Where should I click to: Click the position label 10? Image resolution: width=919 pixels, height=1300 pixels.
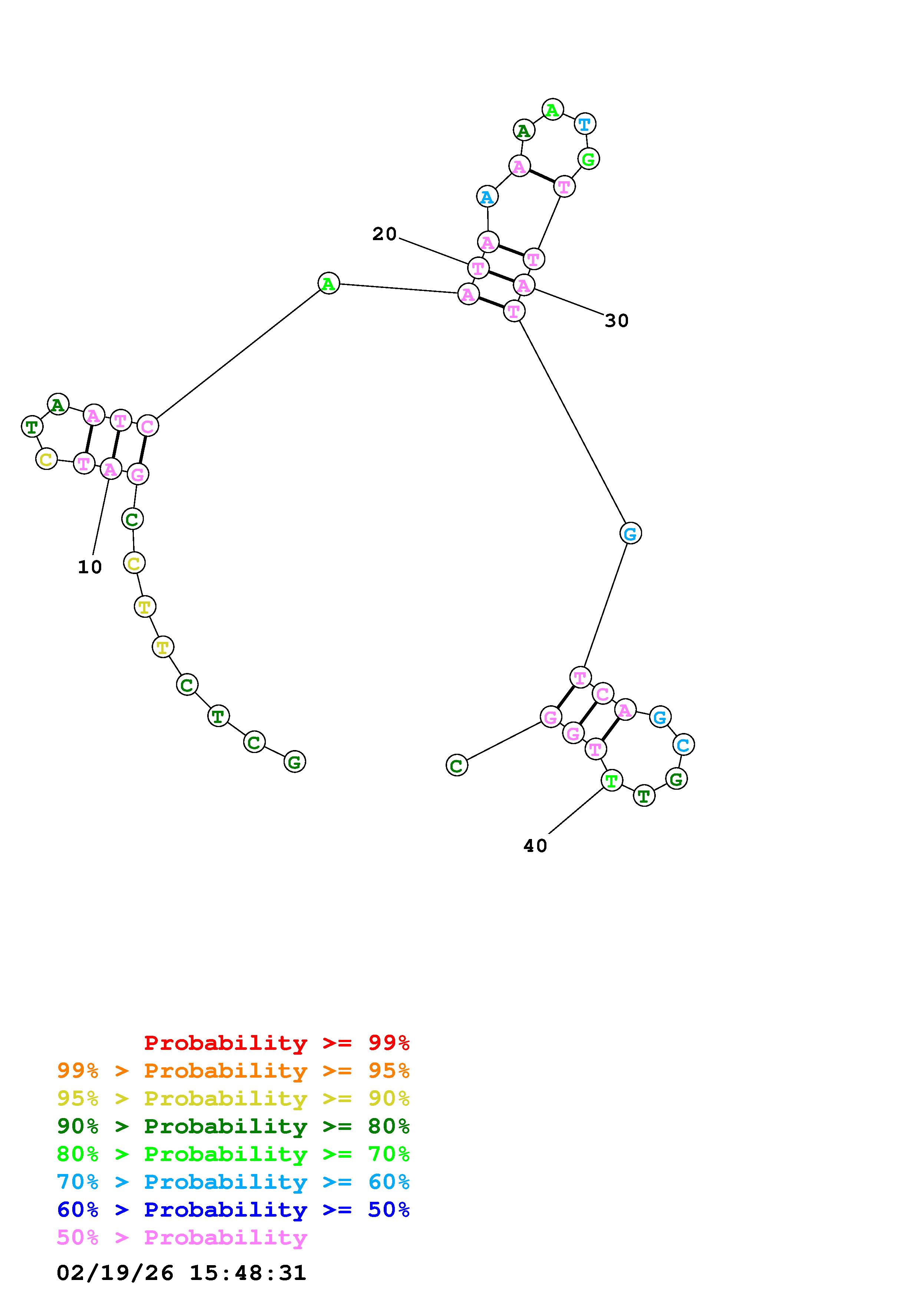[x=89, y=567]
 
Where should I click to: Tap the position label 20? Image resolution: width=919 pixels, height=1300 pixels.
[x=384, y=234]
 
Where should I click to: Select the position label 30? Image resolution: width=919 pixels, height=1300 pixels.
[x=616, y=321]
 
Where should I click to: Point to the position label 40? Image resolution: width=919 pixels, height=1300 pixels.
[x=535, y=846]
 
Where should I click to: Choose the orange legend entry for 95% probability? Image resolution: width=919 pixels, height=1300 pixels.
[x=233, y=1071]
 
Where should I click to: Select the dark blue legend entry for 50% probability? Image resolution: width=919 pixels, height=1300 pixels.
[x=233, y=1210]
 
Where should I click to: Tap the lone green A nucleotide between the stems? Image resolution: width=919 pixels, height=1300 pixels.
[x=328, y=283]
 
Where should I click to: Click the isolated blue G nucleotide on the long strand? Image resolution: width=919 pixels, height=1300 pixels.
[x=630, y=533]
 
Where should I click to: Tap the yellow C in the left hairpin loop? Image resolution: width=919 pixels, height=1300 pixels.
[x=46, y=459]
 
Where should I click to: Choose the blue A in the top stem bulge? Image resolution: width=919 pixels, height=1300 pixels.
[x=487, y=197]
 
